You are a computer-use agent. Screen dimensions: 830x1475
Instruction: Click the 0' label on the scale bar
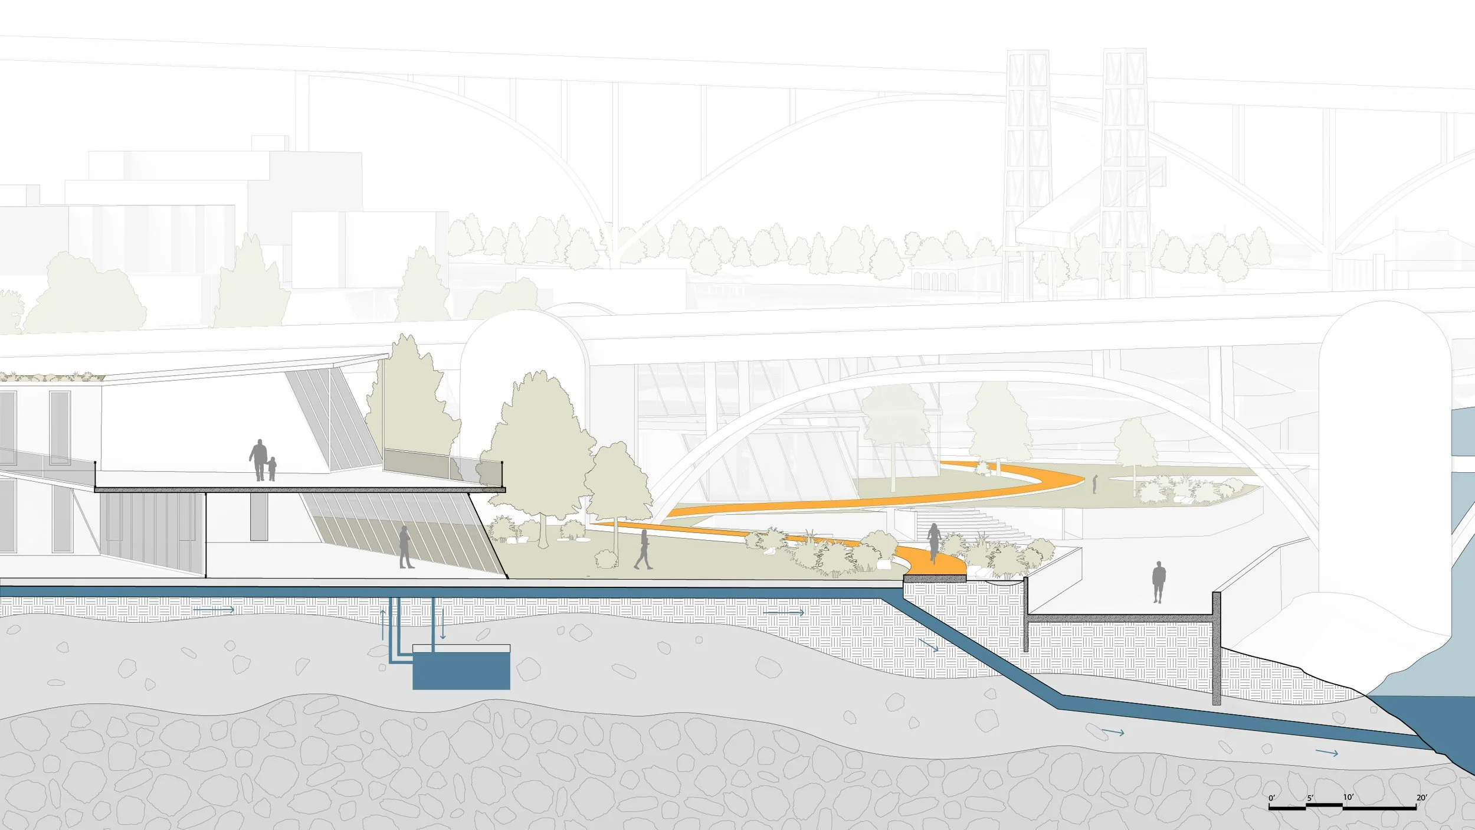coord(1272,798)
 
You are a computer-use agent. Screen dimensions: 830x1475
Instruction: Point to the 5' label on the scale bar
coord(1310,798)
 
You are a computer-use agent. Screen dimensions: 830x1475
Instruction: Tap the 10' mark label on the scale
coord(1348,797)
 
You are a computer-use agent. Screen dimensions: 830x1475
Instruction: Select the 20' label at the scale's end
coord(1422,798)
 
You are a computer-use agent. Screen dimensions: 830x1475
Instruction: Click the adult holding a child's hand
coord(258,460)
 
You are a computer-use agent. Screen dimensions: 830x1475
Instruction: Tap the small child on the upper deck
coord(272,469)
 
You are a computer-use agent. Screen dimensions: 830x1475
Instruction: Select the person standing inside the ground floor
coord(405,547)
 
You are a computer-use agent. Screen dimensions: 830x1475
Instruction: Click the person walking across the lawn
coord(644,550)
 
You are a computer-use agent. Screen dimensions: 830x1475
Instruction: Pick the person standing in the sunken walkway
coord(1159,582)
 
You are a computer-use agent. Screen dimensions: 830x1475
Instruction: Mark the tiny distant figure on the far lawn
coord(1095,484)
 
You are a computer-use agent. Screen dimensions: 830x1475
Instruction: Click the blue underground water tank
coord(461,671)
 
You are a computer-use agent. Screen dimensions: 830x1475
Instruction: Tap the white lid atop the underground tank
coord(461,648)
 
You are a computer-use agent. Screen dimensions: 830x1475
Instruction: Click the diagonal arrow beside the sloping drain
coord(928,644)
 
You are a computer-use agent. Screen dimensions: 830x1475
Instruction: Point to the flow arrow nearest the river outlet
coord(1326,753)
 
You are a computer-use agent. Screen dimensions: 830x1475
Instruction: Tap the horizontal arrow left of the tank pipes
coord(214,610)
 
